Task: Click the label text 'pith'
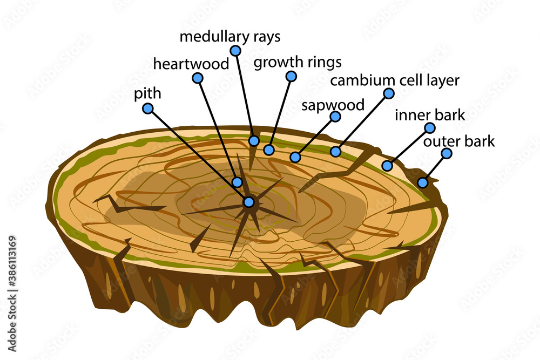coord(147,93)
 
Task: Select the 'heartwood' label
coord(191,64)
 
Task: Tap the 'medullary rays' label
coord(230,37)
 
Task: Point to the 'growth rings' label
coord(298,62)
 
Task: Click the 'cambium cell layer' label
coord(395,80)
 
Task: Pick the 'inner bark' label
coord(430,115)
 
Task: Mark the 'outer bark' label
coord(459,142)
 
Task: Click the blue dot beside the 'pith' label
coord(148,108)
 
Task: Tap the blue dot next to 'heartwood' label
coord(198,78)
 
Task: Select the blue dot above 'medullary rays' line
coord(235,51)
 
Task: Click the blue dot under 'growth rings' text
coord(292,76)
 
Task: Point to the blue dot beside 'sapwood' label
coord(335,117)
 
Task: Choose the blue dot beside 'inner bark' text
coord(430,128)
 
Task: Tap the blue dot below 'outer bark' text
coord(447,153)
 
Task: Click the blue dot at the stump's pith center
coord(248,202)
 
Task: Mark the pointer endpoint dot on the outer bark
coord(423,183)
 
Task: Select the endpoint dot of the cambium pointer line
coord(336,152)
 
